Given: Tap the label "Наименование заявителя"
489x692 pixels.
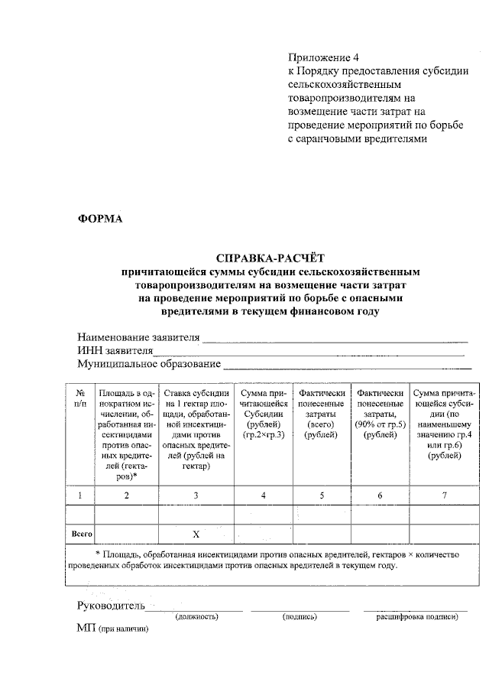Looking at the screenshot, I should [x=138, y=337].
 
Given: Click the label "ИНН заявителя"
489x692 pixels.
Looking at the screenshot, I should [x=115, y=350].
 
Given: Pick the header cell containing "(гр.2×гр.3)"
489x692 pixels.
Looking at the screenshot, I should [x=263, y=434].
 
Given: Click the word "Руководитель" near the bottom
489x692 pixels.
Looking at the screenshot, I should [x=111, y=606].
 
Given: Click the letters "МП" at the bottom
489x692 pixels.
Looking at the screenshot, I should [x=86, y=629].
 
